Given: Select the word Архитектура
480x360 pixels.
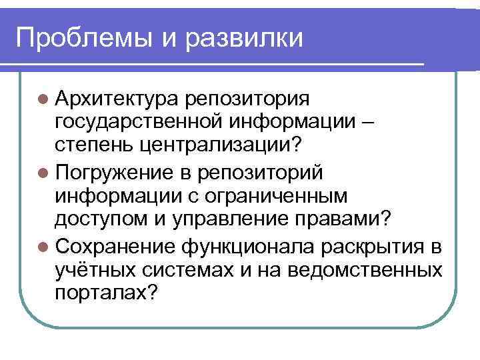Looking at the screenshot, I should [x=116, y=99].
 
